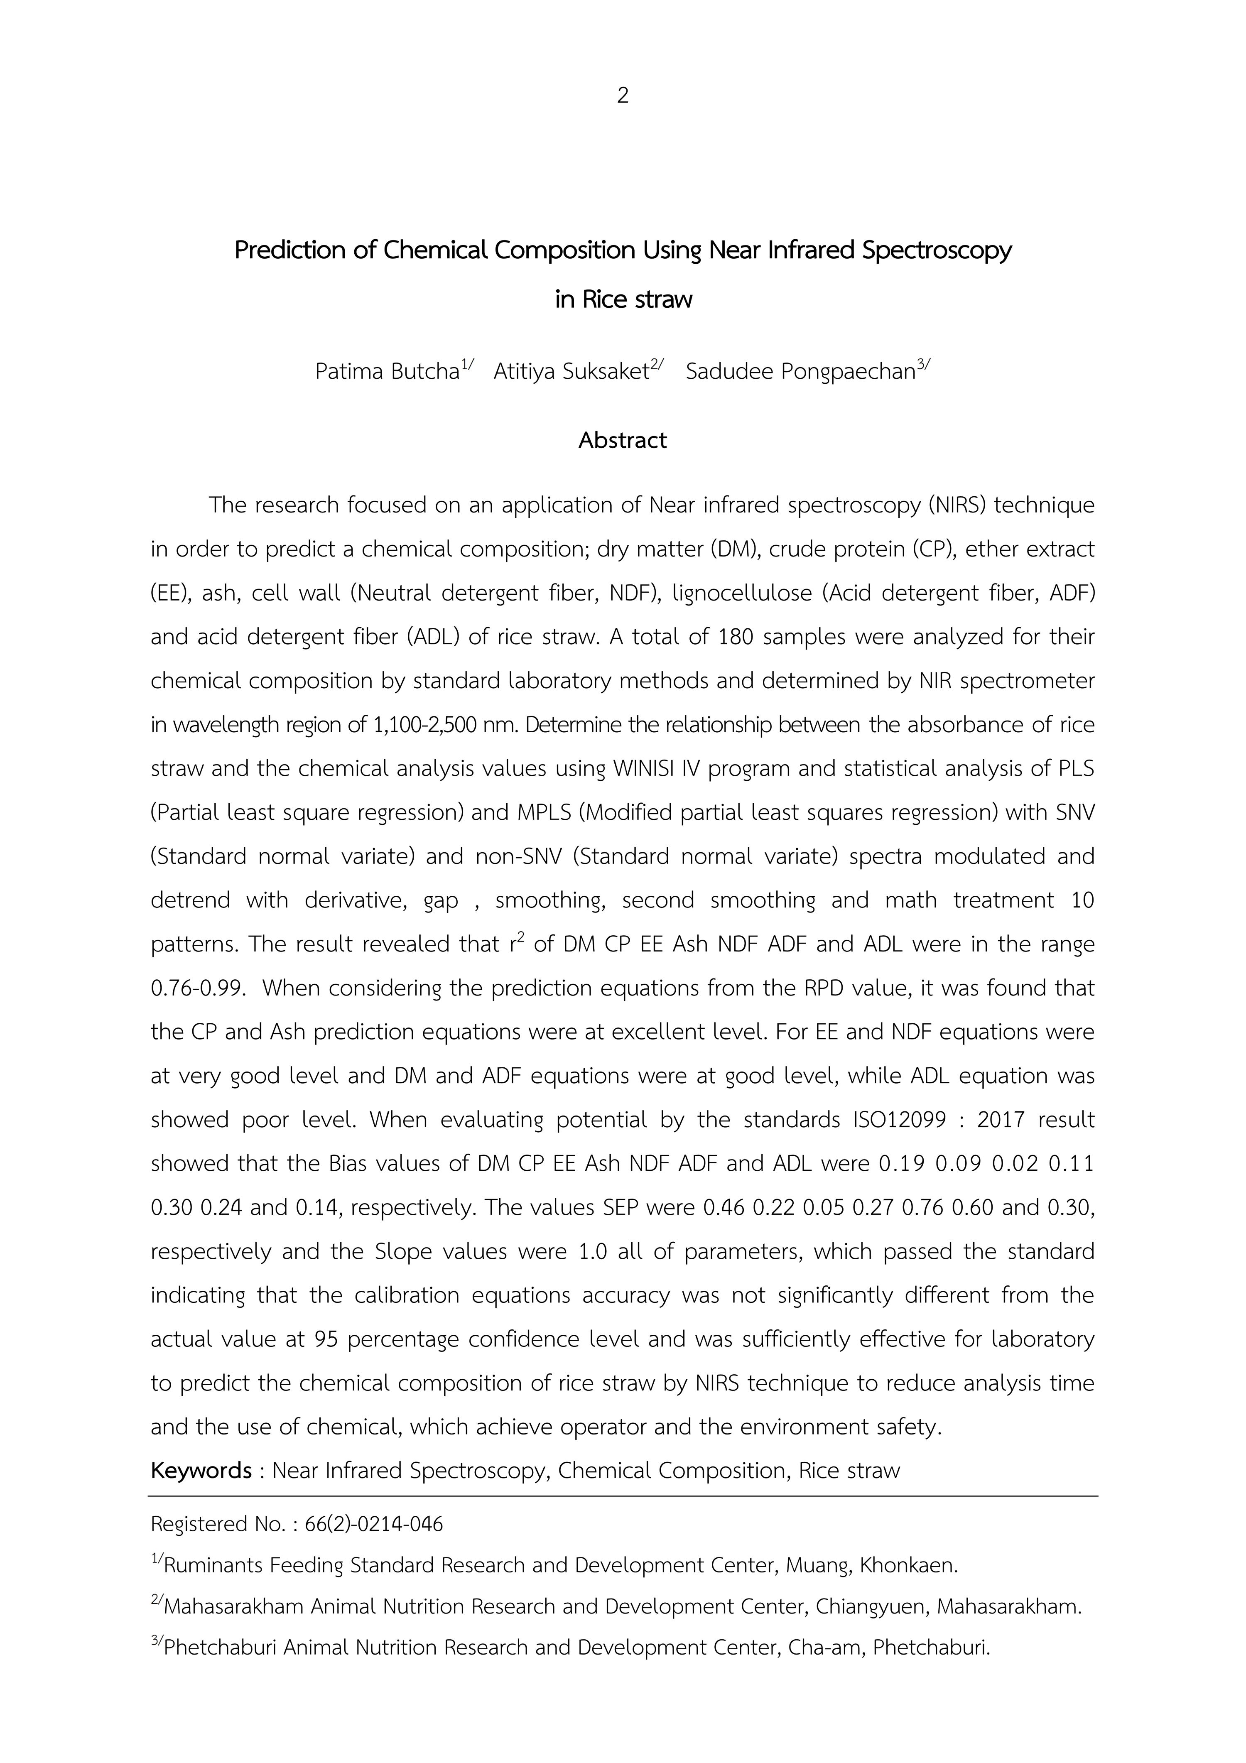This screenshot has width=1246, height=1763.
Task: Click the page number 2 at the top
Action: click(x=623, y=96)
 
